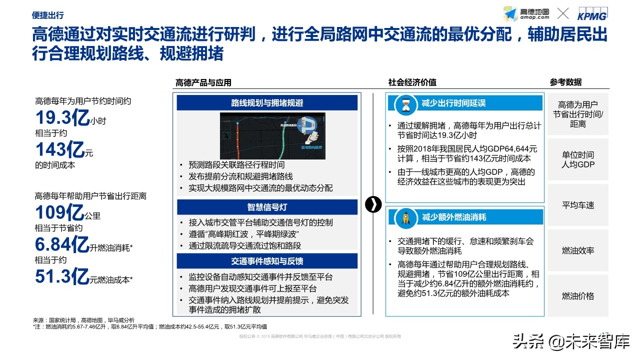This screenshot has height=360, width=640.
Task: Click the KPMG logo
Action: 592,14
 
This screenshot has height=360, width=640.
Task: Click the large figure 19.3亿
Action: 62,118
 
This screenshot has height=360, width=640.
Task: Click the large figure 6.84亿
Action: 62,245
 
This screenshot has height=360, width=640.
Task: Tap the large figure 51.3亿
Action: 62,276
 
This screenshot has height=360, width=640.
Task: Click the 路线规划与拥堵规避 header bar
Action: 267,103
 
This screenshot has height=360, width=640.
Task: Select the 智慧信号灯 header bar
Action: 267,207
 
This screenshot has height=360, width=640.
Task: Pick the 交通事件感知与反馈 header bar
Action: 267,261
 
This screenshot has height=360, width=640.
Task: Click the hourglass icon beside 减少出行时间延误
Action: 405,104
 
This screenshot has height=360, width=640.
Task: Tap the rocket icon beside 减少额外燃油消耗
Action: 405,218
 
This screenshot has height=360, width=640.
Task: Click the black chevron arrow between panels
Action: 373,204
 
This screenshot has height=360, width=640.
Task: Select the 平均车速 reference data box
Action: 578,205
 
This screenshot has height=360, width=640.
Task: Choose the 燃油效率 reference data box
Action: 578,250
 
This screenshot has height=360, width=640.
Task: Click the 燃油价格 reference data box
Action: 578,296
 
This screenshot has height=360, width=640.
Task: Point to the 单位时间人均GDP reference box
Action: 578,159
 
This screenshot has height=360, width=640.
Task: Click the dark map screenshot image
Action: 272,136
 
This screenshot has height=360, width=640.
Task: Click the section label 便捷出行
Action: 47,15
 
